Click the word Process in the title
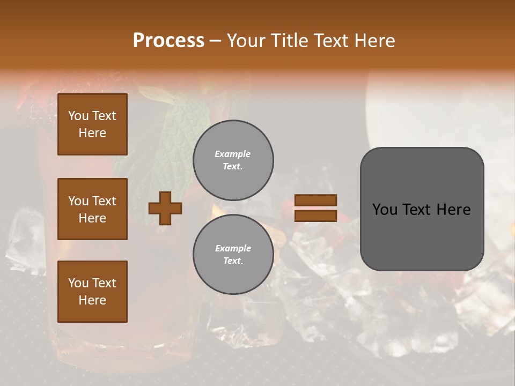(x=168, y=41)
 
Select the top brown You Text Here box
(x=92, y=124)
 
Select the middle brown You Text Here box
(x=92, y=209)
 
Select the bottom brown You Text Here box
(x=92, y=291)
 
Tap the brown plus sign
(x=165, y=208)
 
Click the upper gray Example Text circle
(x=233, y=160)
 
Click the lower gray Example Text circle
(x=233, y=254)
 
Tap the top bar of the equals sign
(x=316, y=200)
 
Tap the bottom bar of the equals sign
(x=316, y=216)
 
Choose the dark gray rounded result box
(x=422, y=209)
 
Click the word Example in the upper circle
(x=232, y=154)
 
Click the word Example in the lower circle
(x=233, y=248)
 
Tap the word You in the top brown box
(x=78, y=116)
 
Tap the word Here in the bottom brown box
(x=92, y=300)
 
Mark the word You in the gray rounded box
(x=385, y=210)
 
